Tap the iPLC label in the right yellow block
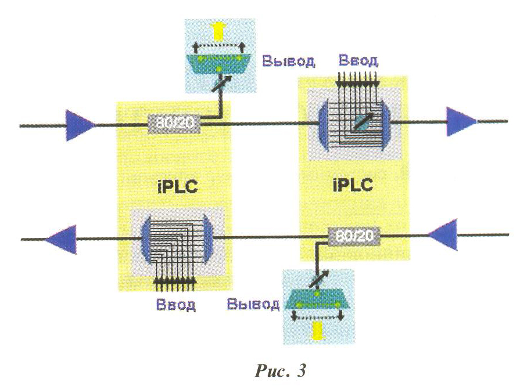coord(354,186)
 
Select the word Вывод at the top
coord(288,61)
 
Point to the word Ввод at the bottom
coord(176,303)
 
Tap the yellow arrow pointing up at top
coord(219,30)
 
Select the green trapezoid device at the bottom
coord(317,301)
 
